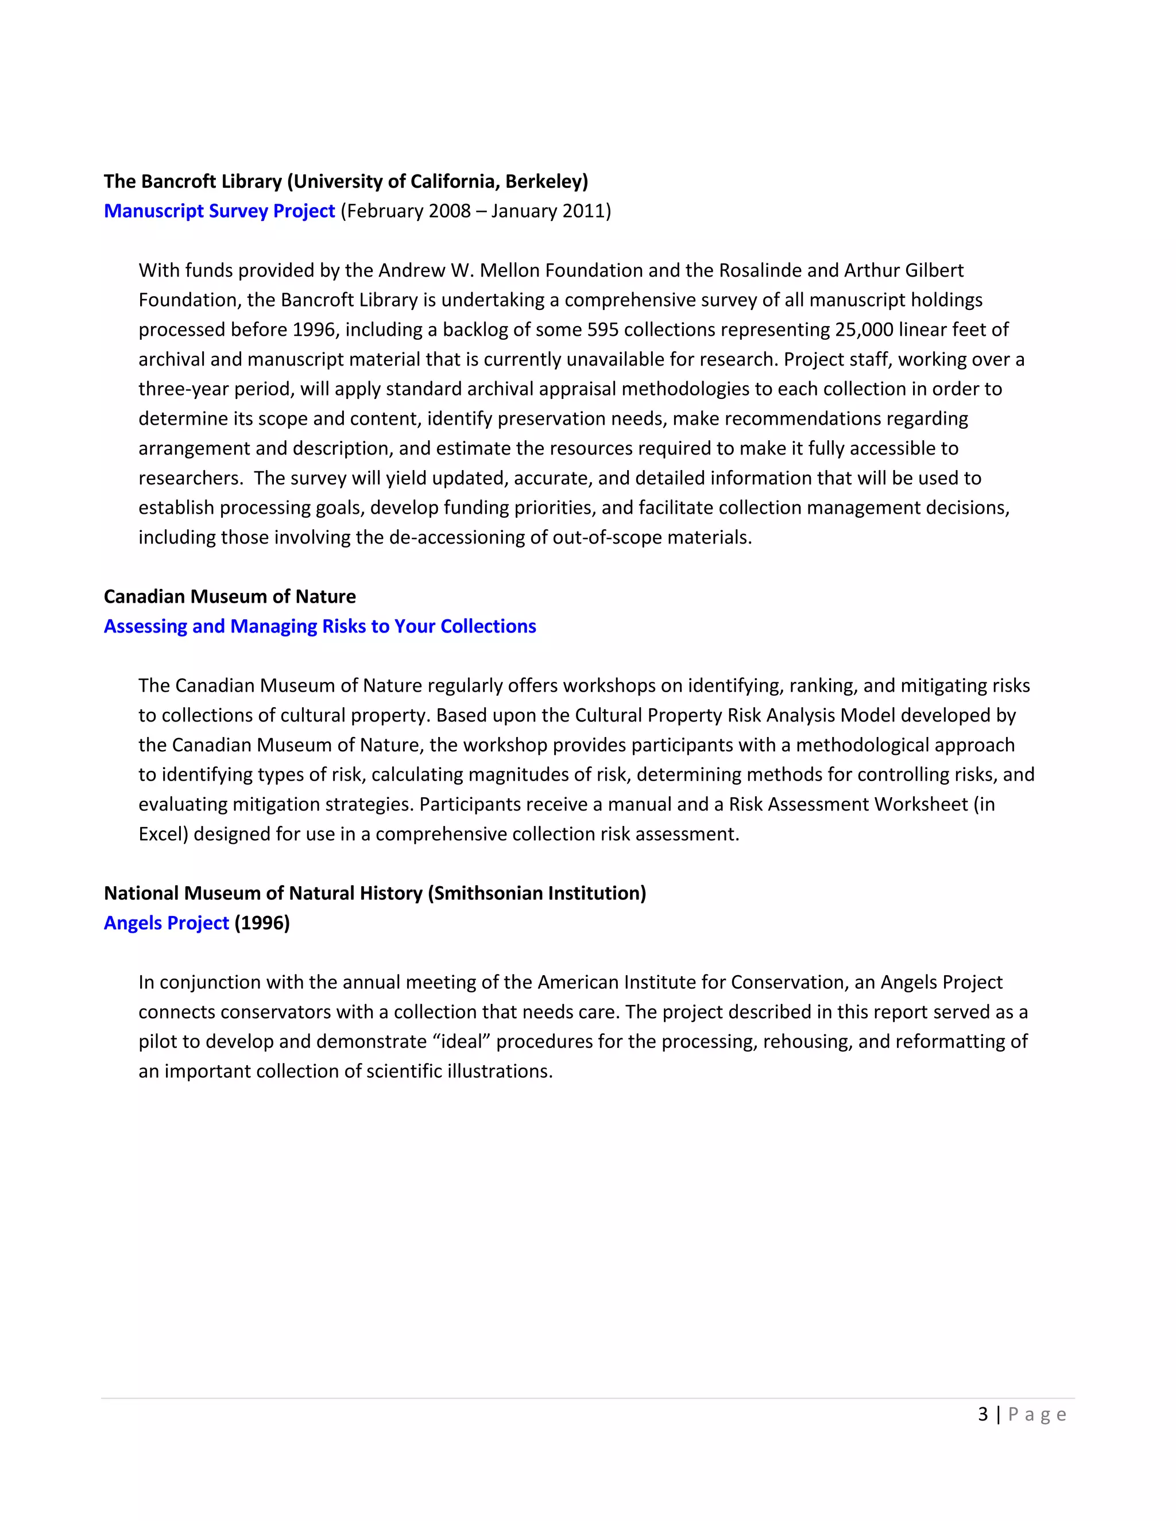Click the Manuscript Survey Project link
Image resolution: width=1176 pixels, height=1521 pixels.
[x=219, y=211]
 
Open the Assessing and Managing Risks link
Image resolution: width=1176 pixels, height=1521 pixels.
[x=320, y=626]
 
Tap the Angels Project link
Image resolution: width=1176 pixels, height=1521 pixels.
[x=166, y=923]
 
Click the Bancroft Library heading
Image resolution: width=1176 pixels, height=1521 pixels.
[x=346, y=181]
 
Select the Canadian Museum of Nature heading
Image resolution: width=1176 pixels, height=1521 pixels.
[x=230, y=596]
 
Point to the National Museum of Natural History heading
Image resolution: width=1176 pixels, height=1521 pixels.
[x=375, y=893]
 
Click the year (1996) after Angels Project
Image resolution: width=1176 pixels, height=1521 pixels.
[x=262, y=923]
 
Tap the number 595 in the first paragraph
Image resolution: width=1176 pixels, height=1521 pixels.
[x=602, y=329]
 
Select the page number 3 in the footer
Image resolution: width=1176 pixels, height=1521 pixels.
[x=983, y=1414]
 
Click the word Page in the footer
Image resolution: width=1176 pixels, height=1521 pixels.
[x=1038, y=1414]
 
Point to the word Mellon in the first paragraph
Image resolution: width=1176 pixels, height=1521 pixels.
[x=509, y=270]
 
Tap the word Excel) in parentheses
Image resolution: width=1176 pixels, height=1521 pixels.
[x=164, y=833]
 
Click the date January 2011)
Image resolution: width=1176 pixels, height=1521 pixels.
[x=550, y=211]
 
